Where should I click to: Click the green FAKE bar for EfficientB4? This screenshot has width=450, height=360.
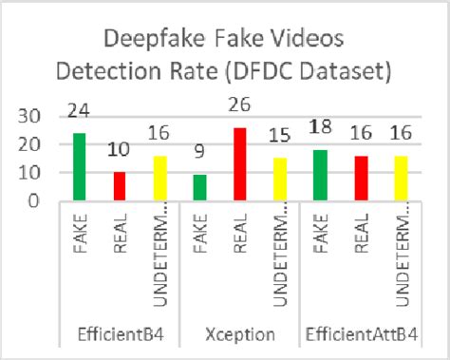pos(79,167)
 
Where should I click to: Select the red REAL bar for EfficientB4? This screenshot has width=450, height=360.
pos(119,186)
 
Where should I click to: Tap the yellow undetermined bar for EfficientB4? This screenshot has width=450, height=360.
pos(159,178)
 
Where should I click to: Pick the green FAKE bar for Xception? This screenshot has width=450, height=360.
pos(199,188)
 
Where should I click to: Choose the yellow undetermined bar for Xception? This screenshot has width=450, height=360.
pos(279,180)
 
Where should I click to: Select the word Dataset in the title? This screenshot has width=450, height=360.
pos(320,72)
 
